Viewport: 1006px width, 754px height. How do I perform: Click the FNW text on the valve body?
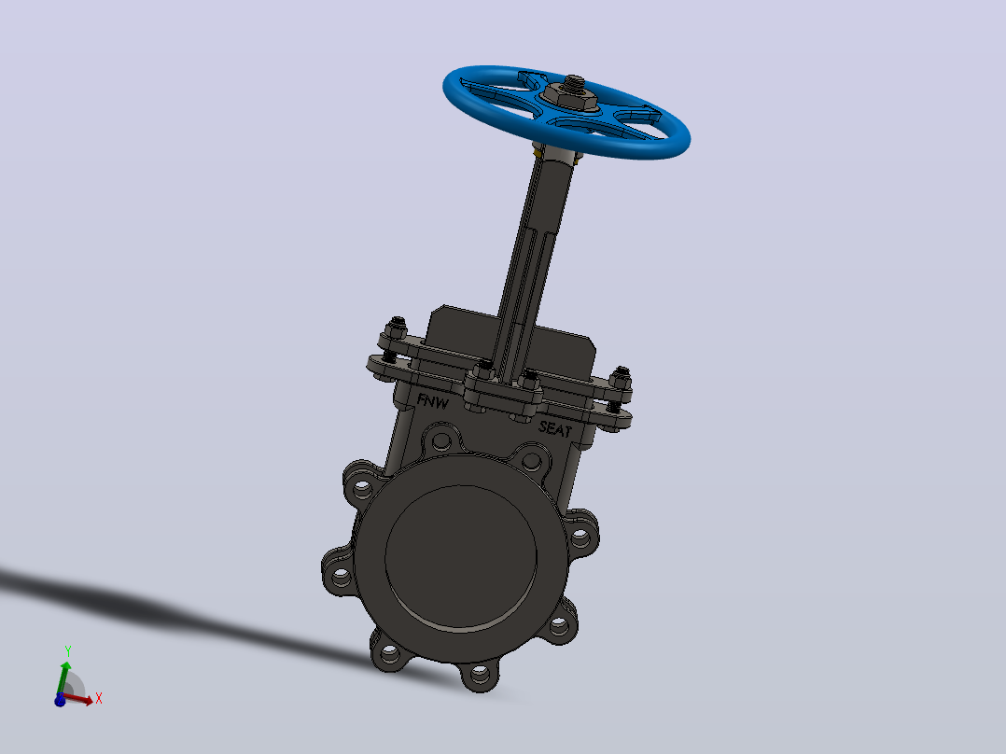tap(432, 401)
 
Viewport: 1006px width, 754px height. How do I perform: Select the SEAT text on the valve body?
tap(555, 428)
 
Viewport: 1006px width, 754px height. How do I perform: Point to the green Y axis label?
tap(67, 651)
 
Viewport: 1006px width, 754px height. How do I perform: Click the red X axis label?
tap(99, 698)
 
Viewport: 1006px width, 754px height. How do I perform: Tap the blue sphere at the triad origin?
tap(61, 700)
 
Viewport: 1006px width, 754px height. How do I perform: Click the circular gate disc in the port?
tap(461, 556)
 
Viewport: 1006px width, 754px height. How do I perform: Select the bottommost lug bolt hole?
tap(480, 675)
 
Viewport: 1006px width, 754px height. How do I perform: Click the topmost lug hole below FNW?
tap(441, 440)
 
